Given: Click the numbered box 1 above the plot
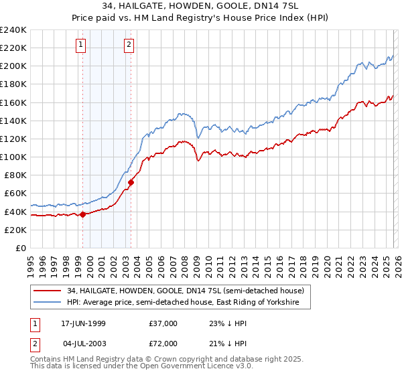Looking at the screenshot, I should tap(80, 45).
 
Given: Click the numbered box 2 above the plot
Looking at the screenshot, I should tap(129, 45).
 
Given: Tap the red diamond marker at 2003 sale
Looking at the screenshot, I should tap(131, 182).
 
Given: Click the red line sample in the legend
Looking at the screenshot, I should tap(48, 291).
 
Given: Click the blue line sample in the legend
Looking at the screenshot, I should tap(48, 303).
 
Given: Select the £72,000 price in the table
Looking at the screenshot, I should tap(163, 344).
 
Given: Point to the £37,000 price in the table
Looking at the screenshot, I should tap(163, 323).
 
